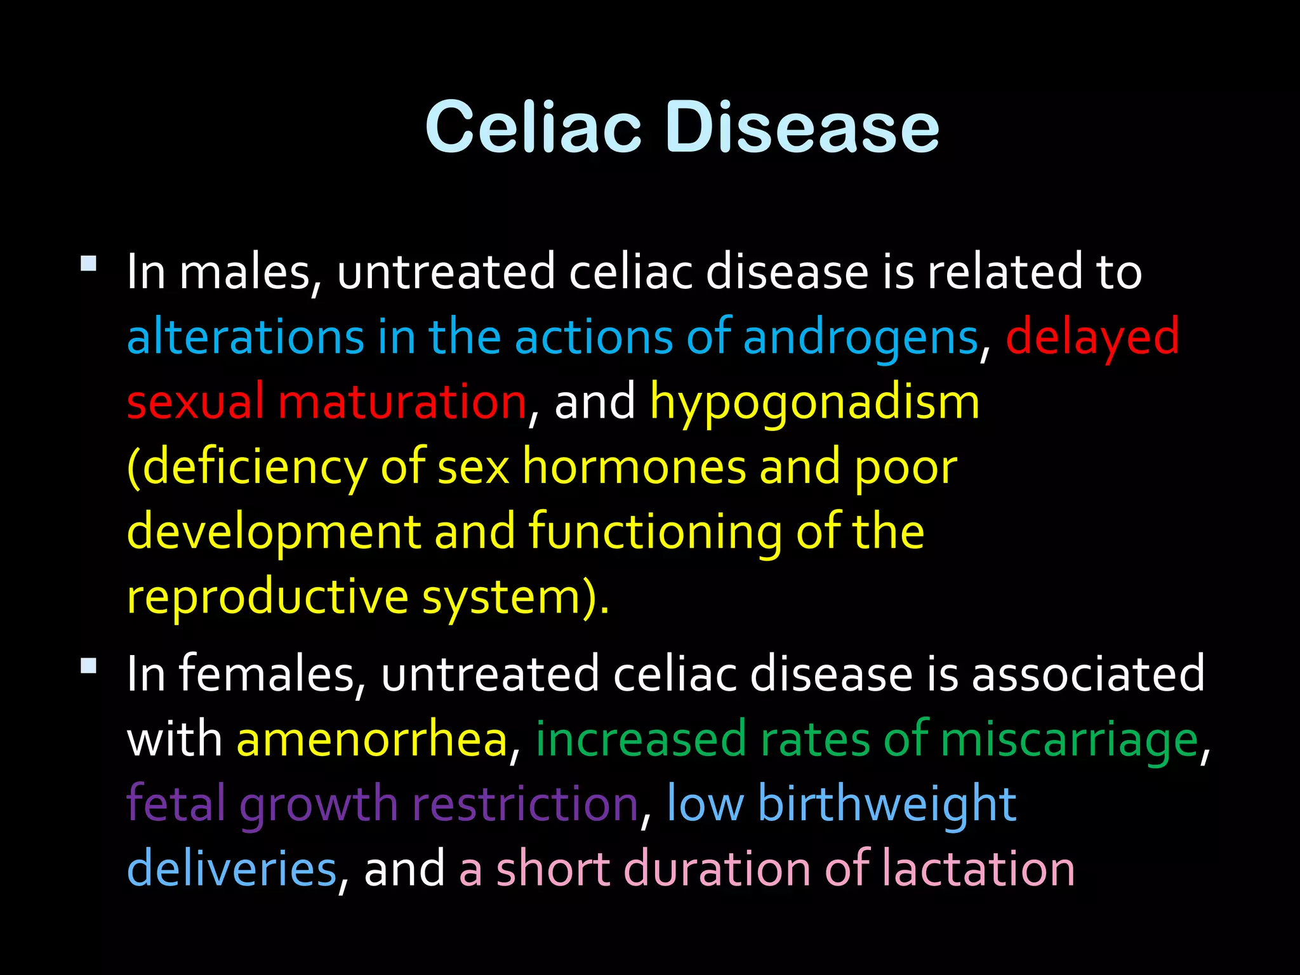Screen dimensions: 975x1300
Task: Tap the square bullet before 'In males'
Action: (x=89, y=263)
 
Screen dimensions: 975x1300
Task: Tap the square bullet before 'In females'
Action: (x=89, y=666)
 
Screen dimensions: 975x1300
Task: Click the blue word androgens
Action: (x=860, y=338)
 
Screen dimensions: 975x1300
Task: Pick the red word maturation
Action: (x=402, y=402)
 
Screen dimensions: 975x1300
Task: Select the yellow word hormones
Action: (x=634, y=468)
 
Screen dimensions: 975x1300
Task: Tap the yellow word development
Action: (x=274, y=533)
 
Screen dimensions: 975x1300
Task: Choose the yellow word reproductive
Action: (x=267, y=599)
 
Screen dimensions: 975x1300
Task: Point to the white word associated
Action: (x=1088, y=674)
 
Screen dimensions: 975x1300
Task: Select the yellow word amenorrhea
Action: (x=372, y=740)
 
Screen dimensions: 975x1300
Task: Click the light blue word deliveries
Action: (x=232, y=869)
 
